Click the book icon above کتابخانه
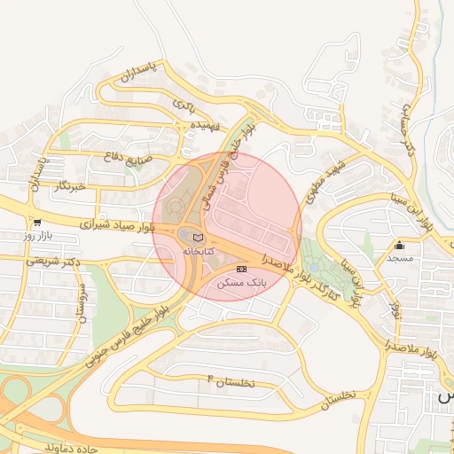(x=198, y=238)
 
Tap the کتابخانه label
(x=198, y=252)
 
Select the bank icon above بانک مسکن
(x=242, y=269)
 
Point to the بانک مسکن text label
(x=242, y=282)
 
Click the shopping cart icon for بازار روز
(x=36, y=223)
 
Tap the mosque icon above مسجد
(x=400, y=246)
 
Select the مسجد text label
(x=400, y=258)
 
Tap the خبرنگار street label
(x=69, y=186)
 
